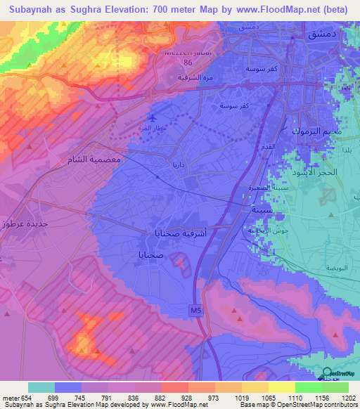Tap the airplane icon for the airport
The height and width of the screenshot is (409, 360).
pos(154,117)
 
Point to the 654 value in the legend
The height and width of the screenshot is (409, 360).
pos(25,398)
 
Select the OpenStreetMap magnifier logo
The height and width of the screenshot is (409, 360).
pos(326,373)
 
